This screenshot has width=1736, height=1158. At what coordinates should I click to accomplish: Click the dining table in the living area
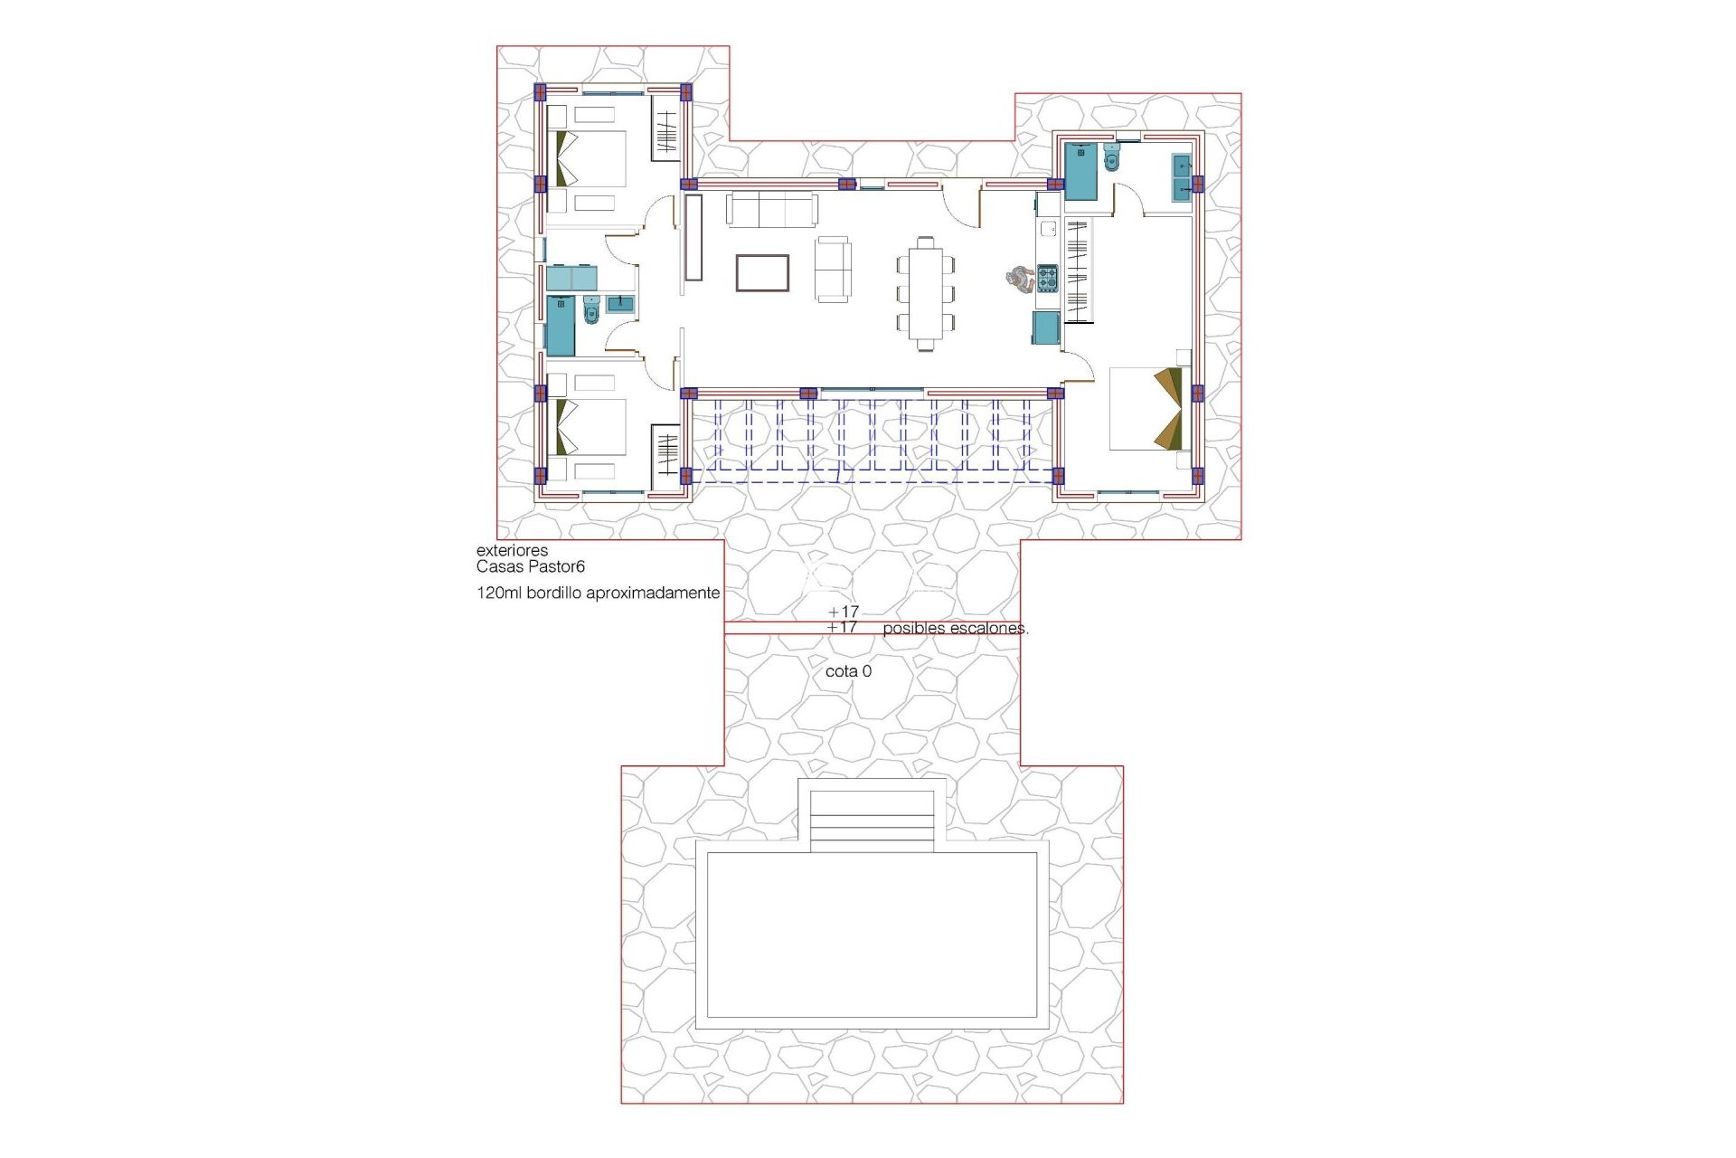click(925, 293)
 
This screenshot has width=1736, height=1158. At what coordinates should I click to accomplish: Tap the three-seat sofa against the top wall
click(772, 210)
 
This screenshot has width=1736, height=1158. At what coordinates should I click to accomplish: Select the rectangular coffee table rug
click(762, 272)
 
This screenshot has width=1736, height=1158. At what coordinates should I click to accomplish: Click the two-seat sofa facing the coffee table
click(833, 269)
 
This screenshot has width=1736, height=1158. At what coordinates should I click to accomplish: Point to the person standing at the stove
click(1019, 279)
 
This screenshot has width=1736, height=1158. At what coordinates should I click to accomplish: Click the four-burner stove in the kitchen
click(1047, 278)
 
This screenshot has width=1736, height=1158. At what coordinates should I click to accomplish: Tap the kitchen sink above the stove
click(1048, 228)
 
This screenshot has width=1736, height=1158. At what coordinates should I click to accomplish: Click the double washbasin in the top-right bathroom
click(1182, 177)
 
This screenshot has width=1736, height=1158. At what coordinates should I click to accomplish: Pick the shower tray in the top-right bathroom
click(1080, 171)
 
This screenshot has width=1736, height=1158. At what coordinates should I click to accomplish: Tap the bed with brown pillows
click(1146, 408)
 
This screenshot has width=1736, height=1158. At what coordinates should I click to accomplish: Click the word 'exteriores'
click(512, 550)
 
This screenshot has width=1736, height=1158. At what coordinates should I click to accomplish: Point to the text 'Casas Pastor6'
click(531, 567)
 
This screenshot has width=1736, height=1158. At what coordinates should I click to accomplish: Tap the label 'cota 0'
click(848, 671)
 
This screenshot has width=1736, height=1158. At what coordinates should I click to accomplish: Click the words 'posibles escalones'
click(955, 628)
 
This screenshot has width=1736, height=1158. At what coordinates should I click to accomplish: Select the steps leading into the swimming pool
click(872, 821)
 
